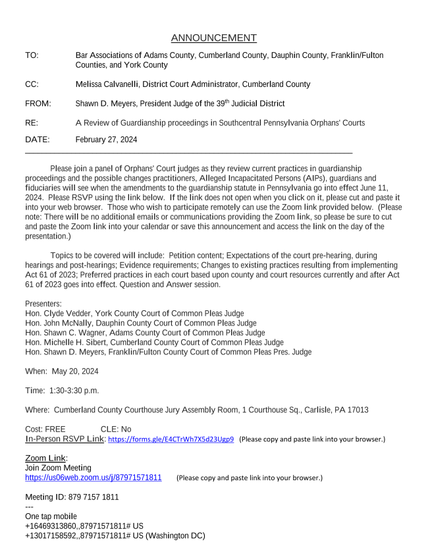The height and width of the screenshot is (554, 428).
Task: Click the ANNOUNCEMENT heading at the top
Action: click(213, 38)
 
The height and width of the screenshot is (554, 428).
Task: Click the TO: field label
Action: click(32, 55)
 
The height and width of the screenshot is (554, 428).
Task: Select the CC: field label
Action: click(32, 84)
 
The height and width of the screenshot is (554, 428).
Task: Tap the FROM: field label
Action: click(38, 103)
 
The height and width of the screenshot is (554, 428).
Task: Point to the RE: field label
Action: click(32, 123)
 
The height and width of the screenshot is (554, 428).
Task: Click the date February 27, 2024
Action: click(106, 140)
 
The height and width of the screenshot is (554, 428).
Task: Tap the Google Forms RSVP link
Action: click(171, 439)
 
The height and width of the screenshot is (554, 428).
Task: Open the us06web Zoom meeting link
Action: click(93, 477)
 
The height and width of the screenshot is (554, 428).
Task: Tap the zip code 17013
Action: click(356, 410)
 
